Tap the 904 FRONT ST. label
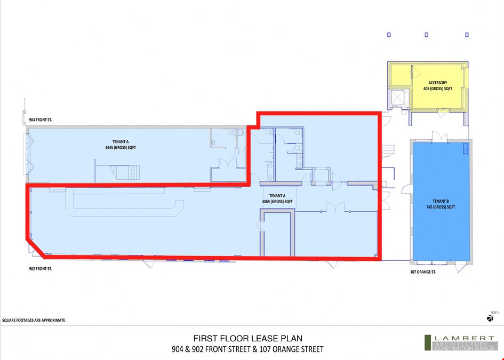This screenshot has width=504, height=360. point(41,120)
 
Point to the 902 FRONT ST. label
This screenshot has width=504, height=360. point(41,269)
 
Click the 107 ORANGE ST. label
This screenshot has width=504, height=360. point(423,272)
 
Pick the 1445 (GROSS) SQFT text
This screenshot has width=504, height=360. point(121,148)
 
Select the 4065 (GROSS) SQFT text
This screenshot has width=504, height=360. point(277,202)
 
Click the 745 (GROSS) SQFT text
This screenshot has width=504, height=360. point(441,207)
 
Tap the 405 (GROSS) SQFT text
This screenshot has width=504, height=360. point(438,89)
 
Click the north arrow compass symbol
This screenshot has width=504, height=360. point(490,318)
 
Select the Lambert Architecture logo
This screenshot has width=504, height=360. point(460,342)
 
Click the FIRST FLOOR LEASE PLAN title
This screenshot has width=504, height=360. point(248,339)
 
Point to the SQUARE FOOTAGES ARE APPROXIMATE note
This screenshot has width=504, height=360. point(34,320)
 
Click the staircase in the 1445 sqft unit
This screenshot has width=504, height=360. point(125,172)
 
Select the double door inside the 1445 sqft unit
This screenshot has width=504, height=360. point(228,163)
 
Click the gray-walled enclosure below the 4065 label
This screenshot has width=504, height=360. point(277,233)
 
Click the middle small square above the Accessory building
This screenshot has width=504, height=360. point(427,35)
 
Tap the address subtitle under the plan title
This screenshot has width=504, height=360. point(247,349)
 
